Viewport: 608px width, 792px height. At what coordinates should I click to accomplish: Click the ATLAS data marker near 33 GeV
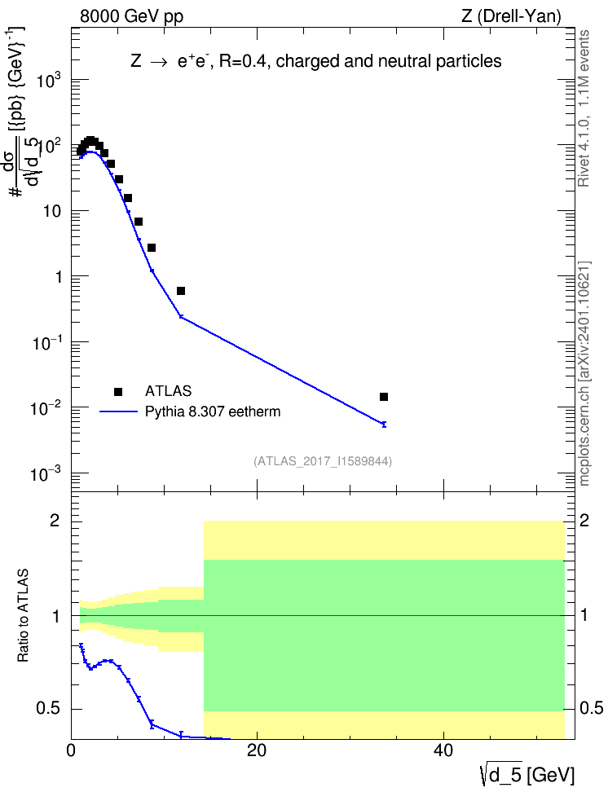click(x=384, y=397)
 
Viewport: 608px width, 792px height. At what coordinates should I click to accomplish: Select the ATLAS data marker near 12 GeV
click(x=181, y=290)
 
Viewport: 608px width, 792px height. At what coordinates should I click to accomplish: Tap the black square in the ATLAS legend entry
click(x=118, y=391)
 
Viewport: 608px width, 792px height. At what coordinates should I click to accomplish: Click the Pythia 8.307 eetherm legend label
click(x=212, y=411)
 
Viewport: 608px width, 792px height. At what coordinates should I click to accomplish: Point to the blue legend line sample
click(x=119, y=411)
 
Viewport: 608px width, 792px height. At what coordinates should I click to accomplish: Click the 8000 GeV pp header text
click(x=131, y=16)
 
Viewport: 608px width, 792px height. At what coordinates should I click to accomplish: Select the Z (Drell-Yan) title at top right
click(x=511, y=16)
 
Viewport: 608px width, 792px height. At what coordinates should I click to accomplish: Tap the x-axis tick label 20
click(x=257, y=750)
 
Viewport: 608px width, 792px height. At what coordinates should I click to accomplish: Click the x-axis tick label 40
click(x=443, y=750)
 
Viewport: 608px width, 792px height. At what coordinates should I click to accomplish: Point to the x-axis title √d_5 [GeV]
click(x=527, y=775)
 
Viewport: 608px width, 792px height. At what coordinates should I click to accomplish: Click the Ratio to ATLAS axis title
click(x=23, y=615)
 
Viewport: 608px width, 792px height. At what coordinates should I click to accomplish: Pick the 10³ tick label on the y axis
click(x=50, y=80)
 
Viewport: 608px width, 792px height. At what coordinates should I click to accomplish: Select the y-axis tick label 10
click(x=52, y=211)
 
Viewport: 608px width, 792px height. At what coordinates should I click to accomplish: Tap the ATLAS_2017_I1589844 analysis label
click(x=323, y=461)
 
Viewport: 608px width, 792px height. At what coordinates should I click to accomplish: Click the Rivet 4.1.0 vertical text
click(x=584, y=108)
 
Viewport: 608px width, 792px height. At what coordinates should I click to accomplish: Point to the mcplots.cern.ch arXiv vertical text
click(x=584, y=373)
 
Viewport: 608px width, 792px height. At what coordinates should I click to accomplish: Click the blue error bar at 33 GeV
click(x=384, y=425)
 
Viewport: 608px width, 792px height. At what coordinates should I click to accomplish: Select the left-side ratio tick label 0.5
click(x=48, y=709)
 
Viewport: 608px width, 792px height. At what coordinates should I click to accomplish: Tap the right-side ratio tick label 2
click(x=584, y=520)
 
